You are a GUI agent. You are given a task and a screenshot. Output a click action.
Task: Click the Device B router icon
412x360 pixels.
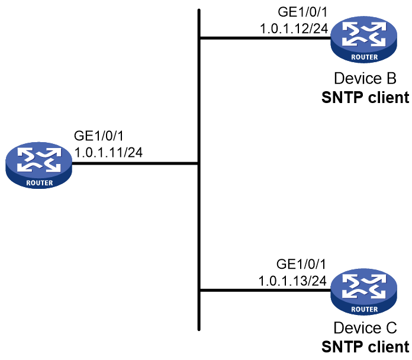coord(363,40)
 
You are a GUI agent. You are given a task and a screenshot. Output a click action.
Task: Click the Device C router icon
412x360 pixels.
coord(363,292)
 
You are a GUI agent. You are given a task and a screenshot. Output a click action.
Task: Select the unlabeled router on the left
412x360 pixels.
coord(38,165)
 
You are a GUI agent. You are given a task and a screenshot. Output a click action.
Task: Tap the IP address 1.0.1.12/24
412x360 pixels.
coord(294,28)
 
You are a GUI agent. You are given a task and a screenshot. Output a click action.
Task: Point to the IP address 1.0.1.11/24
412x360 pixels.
coord(108,152)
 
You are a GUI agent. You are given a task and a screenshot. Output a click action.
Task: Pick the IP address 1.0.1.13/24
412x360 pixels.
coord(292,281)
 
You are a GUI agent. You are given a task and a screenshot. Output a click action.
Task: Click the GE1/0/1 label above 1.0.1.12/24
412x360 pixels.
coord(302,12)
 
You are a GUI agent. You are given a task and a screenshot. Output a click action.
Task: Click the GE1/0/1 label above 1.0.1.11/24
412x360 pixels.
coord(99,136)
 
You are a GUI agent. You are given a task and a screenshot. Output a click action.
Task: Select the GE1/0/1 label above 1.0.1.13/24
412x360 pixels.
coord(301,264)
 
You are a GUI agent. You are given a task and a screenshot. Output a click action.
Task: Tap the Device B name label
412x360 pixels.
coord(365,78)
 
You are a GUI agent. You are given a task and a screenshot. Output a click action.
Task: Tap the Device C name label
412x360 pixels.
coord(365,328)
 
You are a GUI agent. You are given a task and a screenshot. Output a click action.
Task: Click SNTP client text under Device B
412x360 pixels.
coord(365,97)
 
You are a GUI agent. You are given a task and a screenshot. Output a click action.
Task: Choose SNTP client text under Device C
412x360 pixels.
coord(365,346)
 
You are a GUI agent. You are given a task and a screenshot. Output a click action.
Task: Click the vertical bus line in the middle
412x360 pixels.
coord(199,170)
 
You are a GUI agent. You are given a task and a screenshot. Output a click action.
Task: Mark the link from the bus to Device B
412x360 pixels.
coord(265,38)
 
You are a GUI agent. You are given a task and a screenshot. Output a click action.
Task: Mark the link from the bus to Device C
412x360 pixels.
coord(265,290)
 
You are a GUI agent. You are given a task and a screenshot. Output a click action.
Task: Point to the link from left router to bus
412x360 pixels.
coord(135,163)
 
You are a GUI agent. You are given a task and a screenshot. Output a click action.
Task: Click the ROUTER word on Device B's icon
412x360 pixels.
coord(365,57)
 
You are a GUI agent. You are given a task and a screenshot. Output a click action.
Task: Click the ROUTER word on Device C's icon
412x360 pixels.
coord(365,309)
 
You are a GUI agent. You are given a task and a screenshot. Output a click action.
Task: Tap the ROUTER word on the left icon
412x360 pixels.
coord(40,183)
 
